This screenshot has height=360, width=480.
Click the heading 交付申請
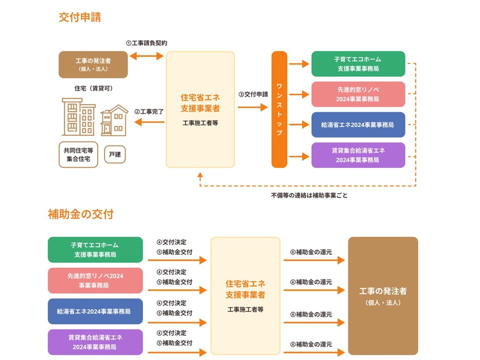tap(79, 17)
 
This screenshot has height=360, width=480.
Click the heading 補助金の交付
tap(80, 214)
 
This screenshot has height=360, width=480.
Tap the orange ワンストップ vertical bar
tap(279, 109)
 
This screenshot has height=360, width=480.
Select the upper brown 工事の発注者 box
tap(93, 64)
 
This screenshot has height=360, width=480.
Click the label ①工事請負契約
tap(146, 43)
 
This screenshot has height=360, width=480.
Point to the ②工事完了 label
tap(149, 111)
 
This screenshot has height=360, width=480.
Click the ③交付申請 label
tap(252, 94)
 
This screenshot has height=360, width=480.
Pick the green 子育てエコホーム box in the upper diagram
tap(358, 63)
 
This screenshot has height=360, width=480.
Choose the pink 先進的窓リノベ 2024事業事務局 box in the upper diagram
tap(358, 94)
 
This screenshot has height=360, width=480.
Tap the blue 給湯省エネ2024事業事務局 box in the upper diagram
tap(358, 124)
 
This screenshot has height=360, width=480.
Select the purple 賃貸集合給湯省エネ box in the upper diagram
tap(358, 155)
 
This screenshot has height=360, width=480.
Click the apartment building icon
tap(78, 117)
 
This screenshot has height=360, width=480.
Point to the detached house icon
tap(114, 120)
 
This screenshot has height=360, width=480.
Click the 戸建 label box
tap(115, 154)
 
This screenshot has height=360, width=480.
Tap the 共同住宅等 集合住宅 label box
tap(78, 154)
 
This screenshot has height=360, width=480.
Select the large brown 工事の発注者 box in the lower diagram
tap(383, 295)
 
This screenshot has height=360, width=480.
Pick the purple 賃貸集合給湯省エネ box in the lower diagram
tap(95, 342)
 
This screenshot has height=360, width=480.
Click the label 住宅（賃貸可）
tap(93, 88)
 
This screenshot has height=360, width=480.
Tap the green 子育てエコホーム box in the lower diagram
tap(95, 249)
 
